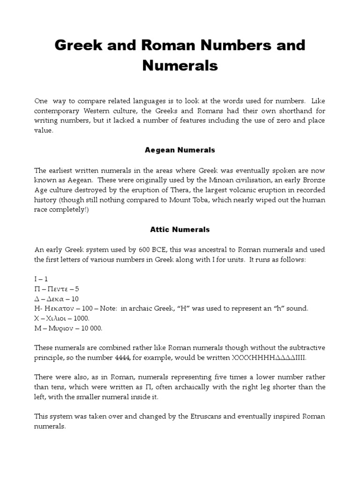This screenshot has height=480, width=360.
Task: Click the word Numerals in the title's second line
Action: (180, 66)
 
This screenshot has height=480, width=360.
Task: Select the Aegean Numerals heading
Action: (180, 150)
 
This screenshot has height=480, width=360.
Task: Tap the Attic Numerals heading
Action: (180, 230)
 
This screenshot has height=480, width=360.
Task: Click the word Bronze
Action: (313, 180)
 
